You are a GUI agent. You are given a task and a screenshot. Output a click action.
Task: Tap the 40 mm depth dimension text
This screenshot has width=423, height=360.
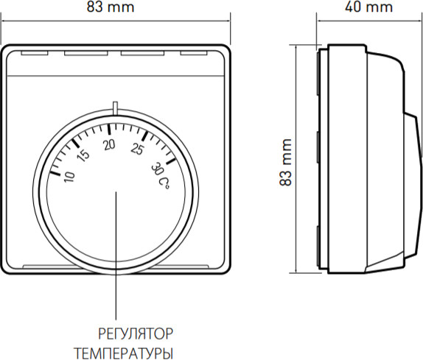point(368,8)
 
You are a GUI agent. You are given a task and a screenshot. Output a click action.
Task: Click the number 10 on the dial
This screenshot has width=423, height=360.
point(69,178)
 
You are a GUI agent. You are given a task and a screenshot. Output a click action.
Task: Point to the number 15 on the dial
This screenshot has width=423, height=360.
point(84,155)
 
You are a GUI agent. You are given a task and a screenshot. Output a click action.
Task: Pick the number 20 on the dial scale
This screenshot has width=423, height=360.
point(111,145)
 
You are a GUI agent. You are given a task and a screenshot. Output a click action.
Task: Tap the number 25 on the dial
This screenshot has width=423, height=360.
point(137,151)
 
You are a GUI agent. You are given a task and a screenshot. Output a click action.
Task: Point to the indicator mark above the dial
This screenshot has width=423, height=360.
point(116,108)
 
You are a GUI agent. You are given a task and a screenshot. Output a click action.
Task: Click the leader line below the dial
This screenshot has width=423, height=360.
point(116,258)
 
